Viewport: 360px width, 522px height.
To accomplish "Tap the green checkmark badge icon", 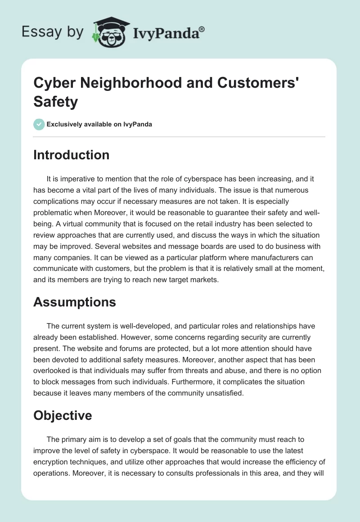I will (x=39, y=124).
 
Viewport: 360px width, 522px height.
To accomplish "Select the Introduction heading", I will (x=71, y=155).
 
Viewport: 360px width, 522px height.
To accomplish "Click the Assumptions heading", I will (x=75, y=302).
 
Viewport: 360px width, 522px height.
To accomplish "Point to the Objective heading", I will (x=63, y=415).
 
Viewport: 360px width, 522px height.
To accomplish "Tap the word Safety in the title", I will (x=55, y=102).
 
